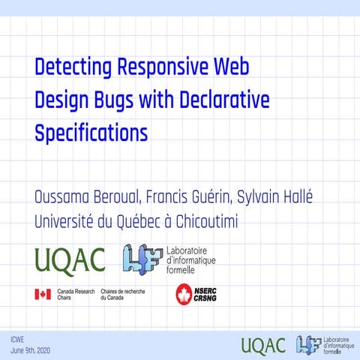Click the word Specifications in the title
point(91,134)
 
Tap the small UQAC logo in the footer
point(263,345)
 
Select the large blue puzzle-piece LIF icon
point(142,259)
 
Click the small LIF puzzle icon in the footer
point(307,344)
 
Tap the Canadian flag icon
point(43,294)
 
